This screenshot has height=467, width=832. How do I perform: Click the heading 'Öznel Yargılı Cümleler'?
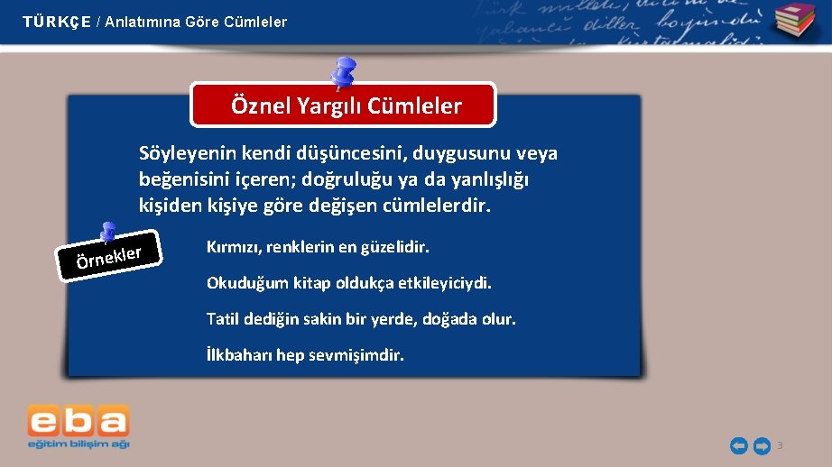pos(346,106)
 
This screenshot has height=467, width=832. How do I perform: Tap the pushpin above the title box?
pos(343,72)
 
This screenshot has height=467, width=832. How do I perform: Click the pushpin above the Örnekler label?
pos(107,233)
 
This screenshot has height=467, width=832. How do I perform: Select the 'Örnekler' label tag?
pos(109,258)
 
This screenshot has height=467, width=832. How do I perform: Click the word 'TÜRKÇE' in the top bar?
pos(57,22)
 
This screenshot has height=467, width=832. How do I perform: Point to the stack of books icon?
pos(793,21)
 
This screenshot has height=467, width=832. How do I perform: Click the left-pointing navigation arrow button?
pos(738,445)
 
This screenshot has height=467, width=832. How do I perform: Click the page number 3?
pos(780,445)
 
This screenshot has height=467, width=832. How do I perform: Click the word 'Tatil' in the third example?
pos(224,319)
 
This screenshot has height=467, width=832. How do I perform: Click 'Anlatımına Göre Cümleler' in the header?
pos(196,22)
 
